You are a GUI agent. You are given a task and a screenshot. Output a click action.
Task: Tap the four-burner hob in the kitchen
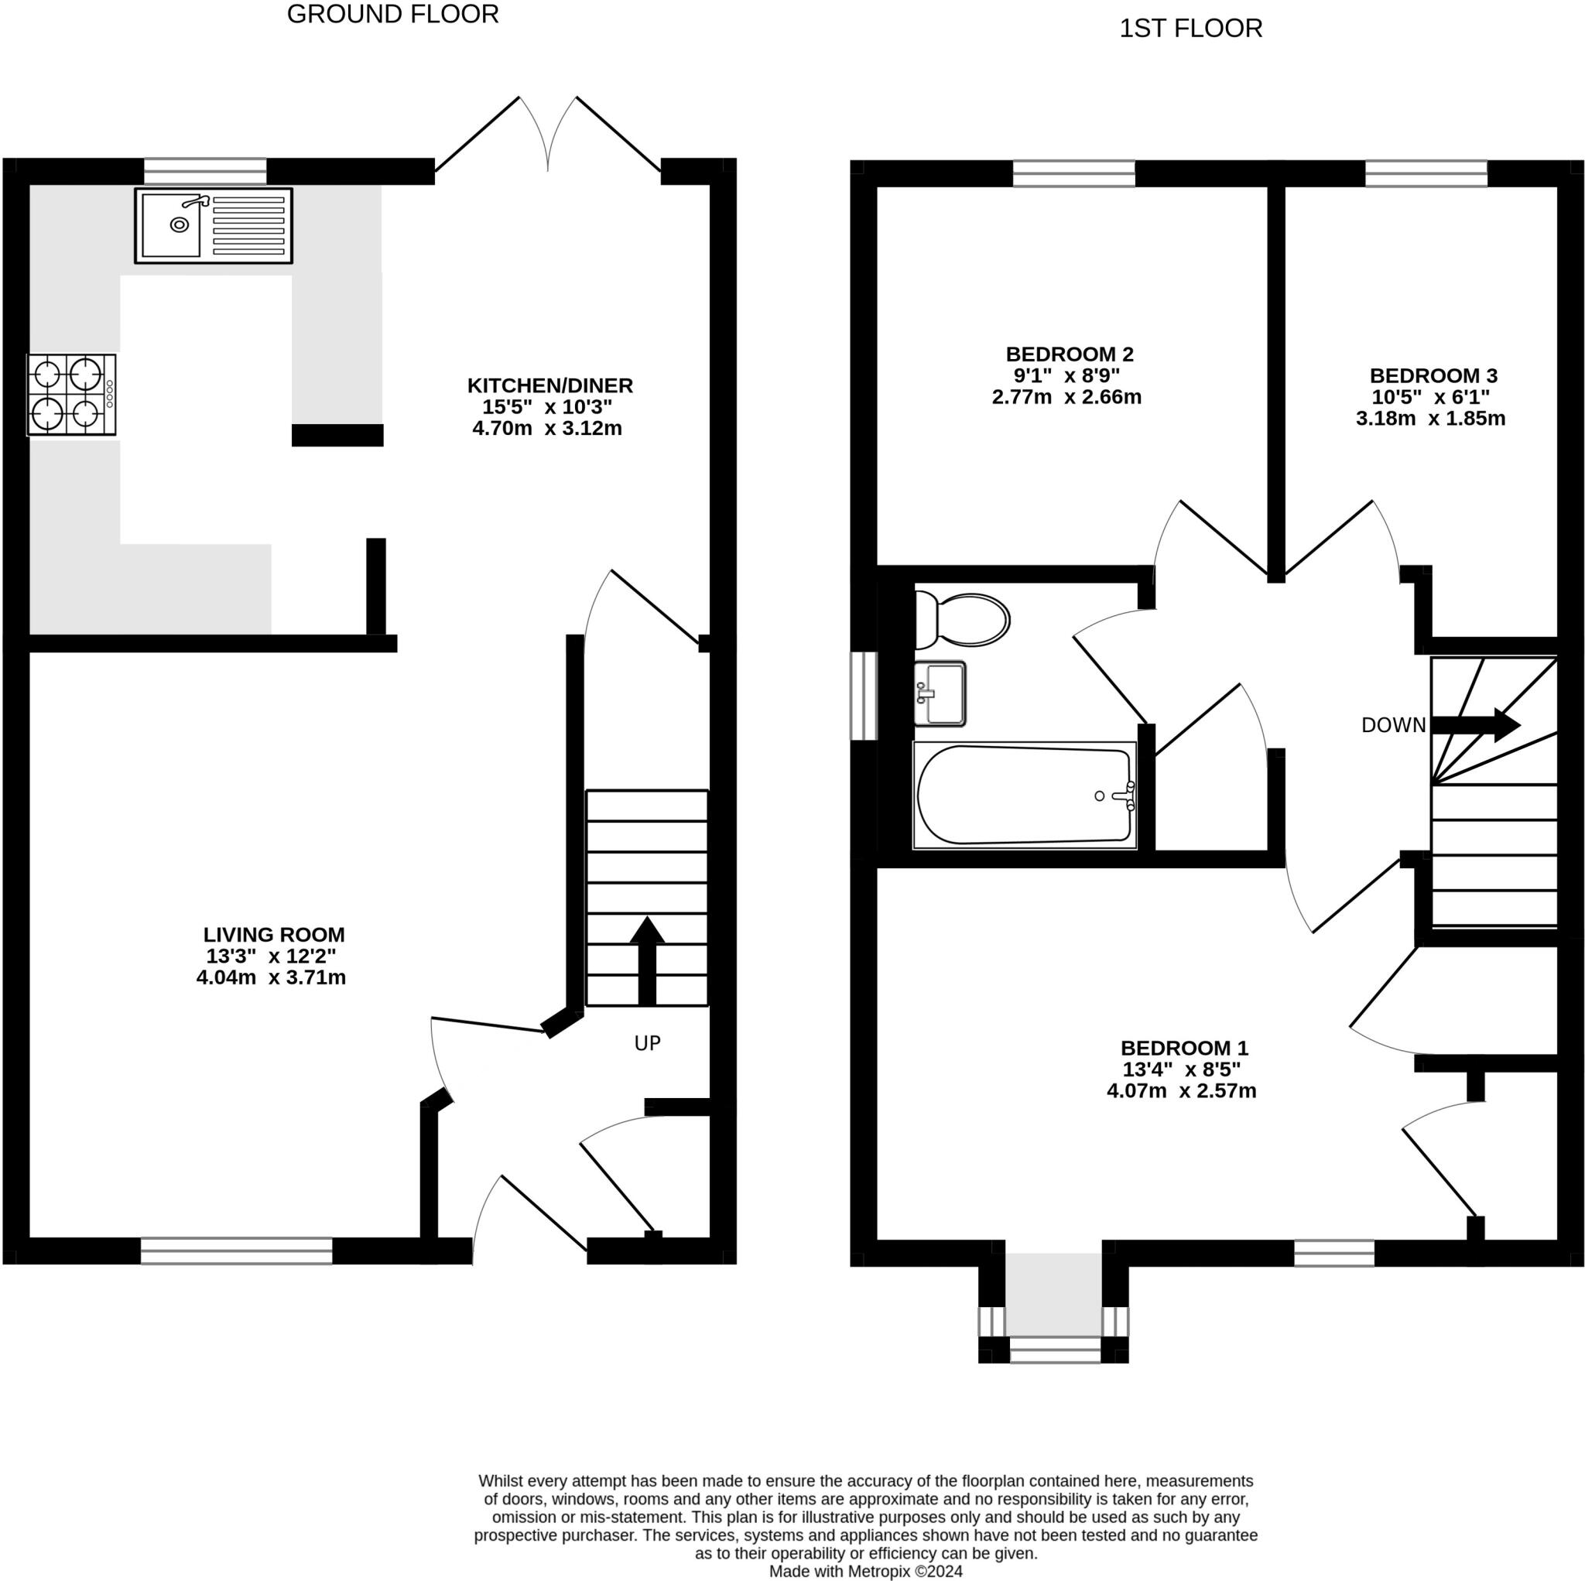pyautogui.click(x=71, y=395)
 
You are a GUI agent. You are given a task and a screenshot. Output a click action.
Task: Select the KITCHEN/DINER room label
pyautogui.click(x=549, y=385)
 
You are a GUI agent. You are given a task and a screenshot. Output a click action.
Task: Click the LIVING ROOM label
pyautogui.click(x=274, y=935)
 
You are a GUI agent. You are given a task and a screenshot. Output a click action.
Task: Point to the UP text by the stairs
pyautogui.click(x=647, y=1043)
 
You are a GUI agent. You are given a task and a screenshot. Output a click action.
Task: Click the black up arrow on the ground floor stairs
pyautogui.click(x=647, y=960)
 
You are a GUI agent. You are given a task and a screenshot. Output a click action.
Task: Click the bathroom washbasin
pyautogui.click(x=940, y=693)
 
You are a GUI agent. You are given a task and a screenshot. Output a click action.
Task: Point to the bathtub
pyautogui.click(x=1025, y=795)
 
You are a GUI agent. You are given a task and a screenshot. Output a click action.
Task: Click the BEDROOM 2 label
pyautogui.click(x=1070, y=354)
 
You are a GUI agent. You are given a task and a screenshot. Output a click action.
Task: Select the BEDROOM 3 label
pyautogui.click(x=1433, y=376)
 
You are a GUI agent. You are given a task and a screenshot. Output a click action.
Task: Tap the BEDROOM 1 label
pyautogui.click(x=1185, y=1048)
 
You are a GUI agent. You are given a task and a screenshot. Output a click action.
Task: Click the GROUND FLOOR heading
pyautogui.click(x=393, y=14)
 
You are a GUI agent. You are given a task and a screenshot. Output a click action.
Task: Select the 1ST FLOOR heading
pyautogui.click(x=1190, y=29)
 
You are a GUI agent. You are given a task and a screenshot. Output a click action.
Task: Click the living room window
pyautogui.click(x=236, y=1251)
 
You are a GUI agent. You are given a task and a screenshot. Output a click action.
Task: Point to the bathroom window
pyautogui.click(x=864, y=696)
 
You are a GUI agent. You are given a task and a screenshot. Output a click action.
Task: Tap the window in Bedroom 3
pyautogui.click(x=1426, y=173)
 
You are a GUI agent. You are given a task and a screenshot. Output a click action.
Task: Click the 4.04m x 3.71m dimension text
pyautogui.click(x=271, y=977)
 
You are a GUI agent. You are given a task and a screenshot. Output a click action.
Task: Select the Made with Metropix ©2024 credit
pyautogui.click(x=865, y=1571)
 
